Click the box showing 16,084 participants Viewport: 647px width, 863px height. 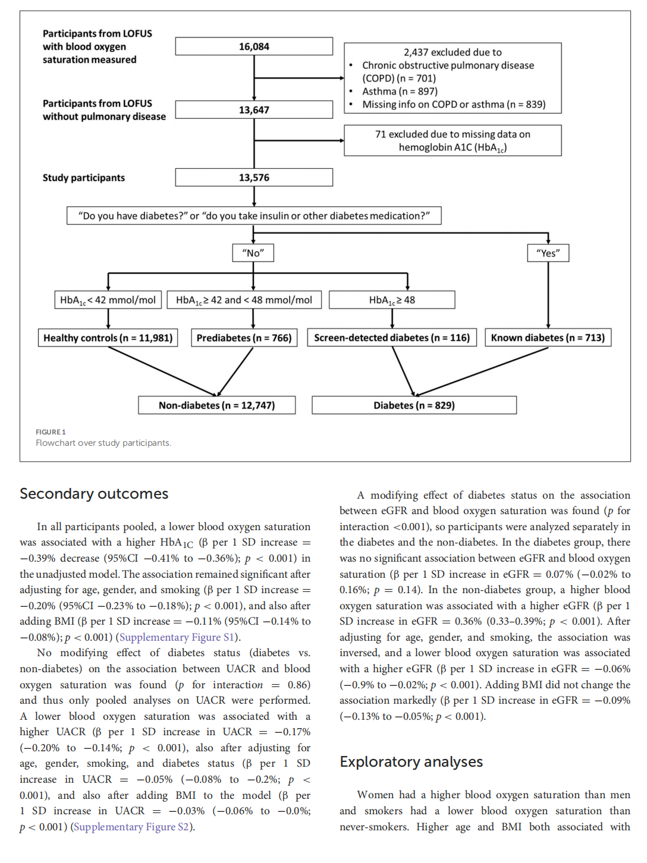tap(254, 46)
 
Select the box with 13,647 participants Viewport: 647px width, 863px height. tap(254, 110)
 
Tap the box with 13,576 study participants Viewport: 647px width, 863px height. tap(254, 178)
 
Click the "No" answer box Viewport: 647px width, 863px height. tap(253, 253)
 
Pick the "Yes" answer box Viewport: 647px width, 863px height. tap(548, 253)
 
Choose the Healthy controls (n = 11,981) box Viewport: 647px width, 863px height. tap(108, 338)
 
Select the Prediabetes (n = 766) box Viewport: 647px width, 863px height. tap(244, 338)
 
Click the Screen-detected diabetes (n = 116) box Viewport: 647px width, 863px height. tap(392, 338)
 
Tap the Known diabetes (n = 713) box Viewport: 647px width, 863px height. tap(548, 338)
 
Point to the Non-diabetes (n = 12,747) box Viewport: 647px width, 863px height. tap(216, 405)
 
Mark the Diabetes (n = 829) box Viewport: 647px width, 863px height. tap(414, 405)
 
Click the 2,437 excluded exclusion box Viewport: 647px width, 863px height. tap(453, 78)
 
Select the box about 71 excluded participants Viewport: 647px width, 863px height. tap(453, 141)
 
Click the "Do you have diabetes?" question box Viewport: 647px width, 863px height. tap(254, 216)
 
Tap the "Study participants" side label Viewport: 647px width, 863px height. tap(84, 178)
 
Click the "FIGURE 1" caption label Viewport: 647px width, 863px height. tap(51, 432)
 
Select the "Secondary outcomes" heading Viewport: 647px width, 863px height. tap(94, 494)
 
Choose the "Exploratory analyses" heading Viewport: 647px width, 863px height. tap(411, 762)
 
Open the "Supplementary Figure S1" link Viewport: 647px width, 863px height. tap(178, 637)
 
